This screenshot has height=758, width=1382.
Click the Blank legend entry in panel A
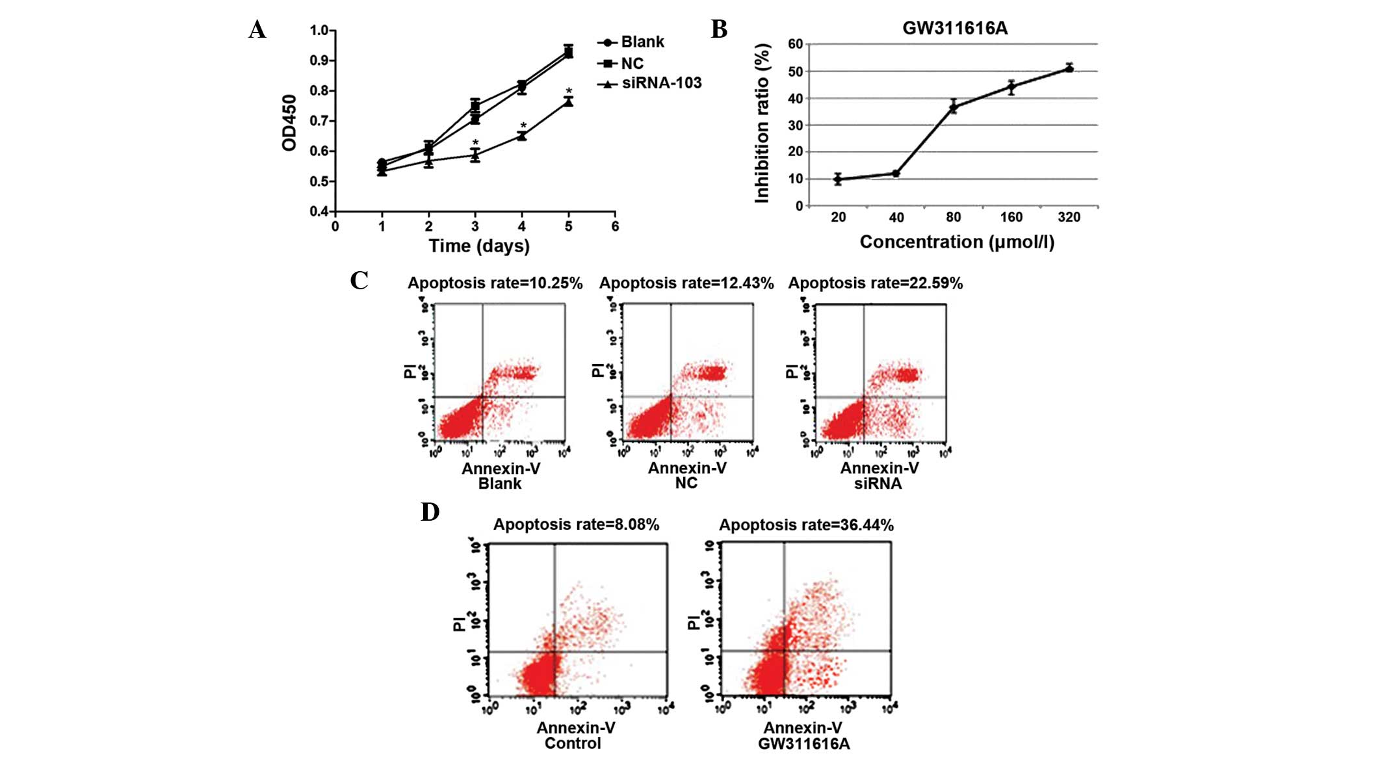point(642,42)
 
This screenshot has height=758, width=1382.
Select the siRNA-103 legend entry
point(661,83)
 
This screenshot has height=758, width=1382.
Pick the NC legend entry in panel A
point(632,63)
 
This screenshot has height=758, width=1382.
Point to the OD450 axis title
point(289,122)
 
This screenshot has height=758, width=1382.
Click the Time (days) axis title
point(479,246)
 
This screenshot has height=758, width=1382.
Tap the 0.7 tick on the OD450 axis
point(319,121)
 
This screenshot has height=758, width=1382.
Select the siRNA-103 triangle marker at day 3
point(475,155)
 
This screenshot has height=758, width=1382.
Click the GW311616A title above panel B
point(954,29)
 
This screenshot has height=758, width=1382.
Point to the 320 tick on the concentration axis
point(1069,217)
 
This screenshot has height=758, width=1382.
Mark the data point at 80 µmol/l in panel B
point(954,107)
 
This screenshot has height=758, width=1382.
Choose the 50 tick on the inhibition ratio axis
point(795,72)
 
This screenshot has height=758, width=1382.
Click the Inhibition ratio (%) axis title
point(763,124)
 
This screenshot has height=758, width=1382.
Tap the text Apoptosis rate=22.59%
point(875,283)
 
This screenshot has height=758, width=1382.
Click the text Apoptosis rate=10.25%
point(495,283)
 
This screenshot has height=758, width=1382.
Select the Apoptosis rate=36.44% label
point(806,525)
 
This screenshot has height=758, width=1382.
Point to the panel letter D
point(430,512)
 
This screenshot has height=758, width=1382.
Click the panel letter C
point(359,280)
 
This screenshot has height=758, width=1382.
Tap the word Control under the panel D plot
point(573,743)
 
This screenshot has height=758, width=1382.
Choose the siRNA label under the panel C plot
point(878,484)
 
